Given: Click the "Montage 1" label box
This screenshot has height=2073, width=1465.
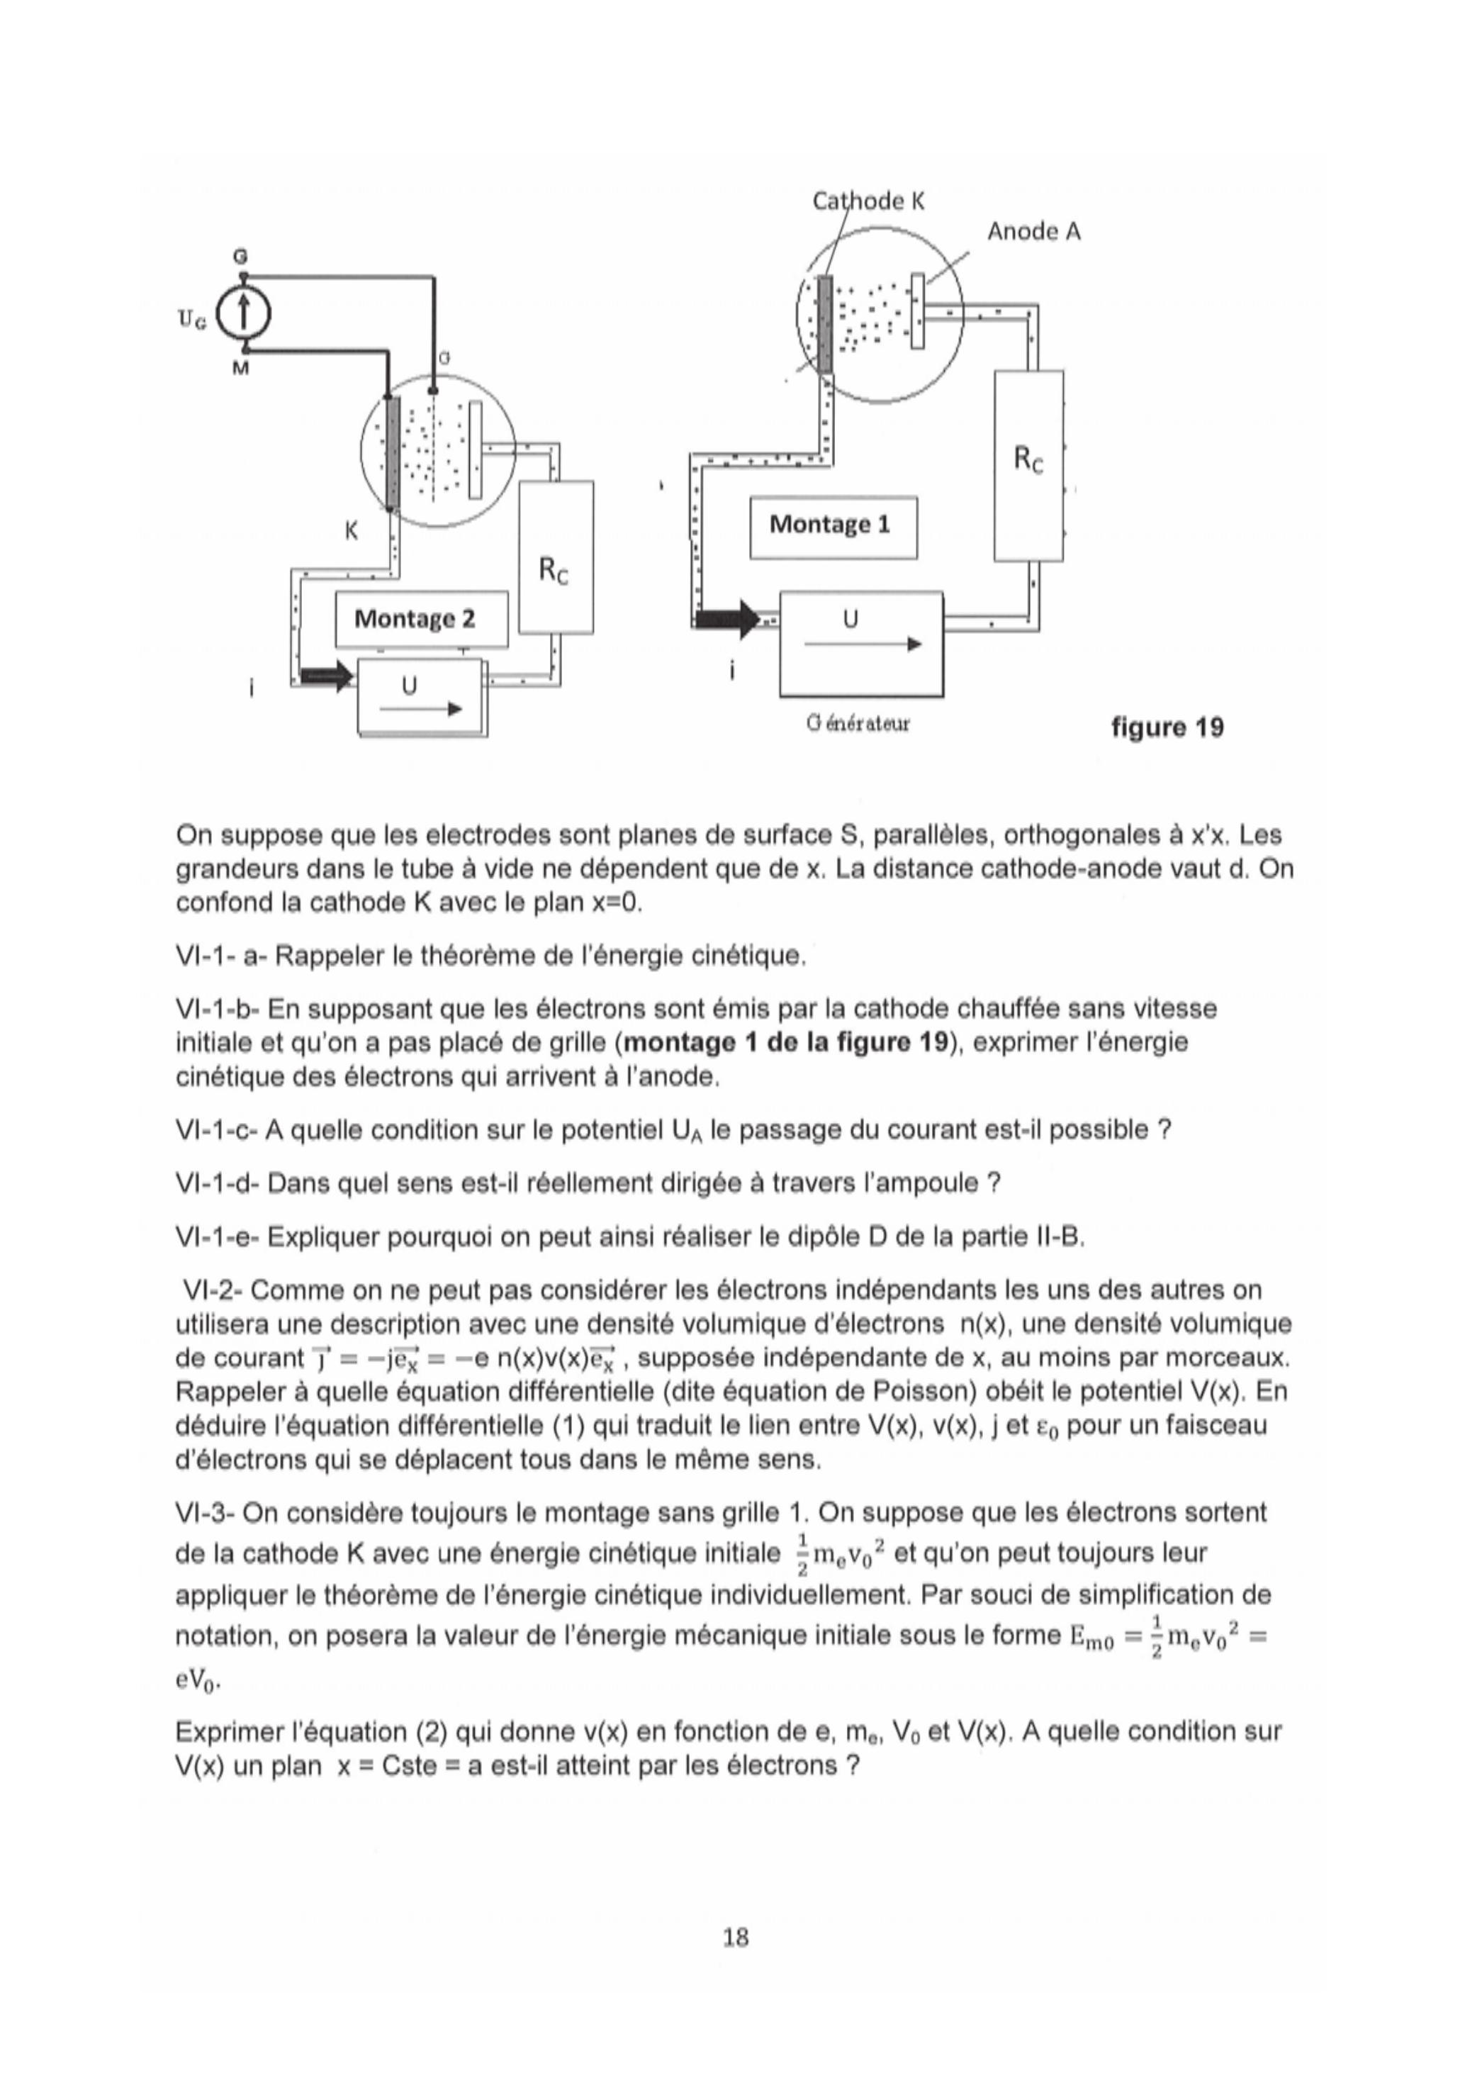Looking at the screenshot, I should click(832, 526).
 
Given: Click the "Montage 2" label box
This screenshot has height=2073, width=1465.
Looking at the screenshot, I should click(420, 620).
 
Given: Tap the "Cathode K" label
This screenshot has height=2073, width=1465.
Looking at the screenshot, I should click(868, 201).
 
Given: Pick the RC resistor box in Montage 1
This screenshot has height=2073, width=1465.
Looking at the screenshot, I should click(1028, 465).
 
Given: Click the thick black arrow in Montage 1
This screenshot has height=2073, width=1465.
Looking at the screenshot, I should click(727, 620).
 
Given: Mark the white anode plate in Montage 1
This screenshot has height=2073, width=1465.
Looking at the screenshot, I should click(917, 311).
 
